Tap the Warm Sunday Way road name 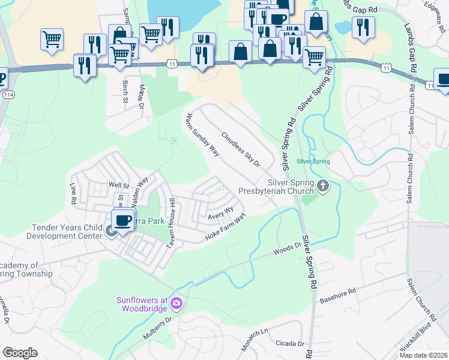click(202, 134)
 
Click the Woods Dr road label click(287, 248)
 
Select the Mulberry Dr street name click(157, 331)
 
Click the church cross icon click(323, 186)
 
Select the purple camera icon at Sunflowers click(175, 302)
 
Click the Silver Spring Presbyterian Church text click(276, 186)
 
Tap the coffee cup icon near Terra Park click(123, 221)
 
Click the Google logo click(20, 353)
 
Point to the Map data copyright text click(423, 355)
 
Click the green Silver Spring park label click(313, 161)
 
